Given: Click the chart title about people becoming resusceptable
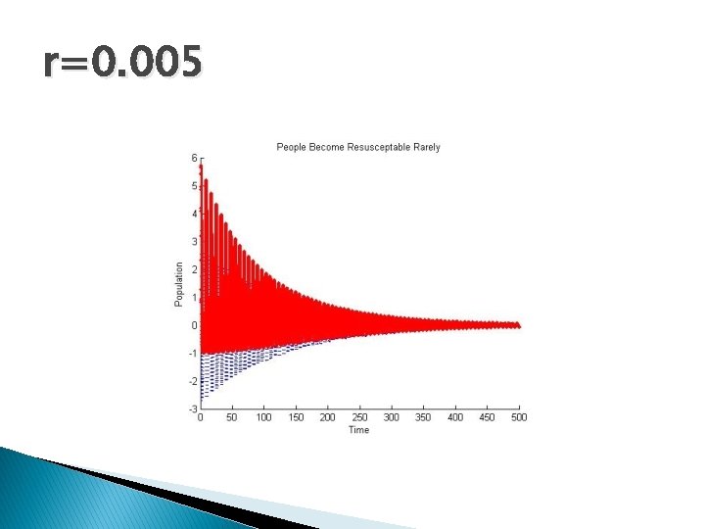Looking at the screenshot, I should (x=358, y=147).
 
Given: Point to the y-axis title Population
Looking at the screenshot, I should (x=179, y=283).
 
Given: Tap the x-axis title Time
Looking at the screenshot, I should (x=359, y=430).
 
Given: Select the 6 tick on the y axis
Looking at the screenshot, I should (x=194, y=158).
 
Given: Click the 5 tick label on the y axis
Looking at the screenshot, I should (x=194, y=186).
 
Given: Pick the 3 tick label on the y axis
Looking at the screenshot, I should (x=194, y=242).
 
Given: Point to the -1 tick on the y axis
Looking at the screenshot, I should (x=193, y=354).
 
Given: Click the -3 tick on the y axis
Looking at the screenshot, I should (x=193, y=409).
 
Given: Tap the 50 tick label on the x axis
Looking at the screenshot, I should (x=232, y=417).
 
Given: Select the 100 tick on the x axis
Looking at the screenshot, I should (x=263, y=417).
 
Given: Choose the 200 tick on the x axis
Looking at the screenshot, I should (x=327, y=417).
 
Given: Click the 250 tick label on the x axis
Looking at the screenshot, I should (x=359, y=417).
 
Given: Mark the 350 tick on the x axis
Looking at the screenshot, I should (x=423, y=417).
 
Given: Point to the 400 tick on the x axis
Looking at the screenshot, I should (x=455, y=417).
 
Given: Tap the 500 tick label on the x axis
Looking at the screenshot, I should (x=519, y=417).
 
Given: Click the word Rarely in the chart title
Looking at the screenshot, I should (x=426, y=147).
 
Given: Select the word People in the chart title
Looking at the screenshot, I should (x=291, y=147).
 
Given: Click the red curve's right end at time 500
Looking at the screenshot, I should (x=518, y=325).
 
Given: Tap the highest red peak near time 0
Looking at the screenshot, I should (x=201, y=166).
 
